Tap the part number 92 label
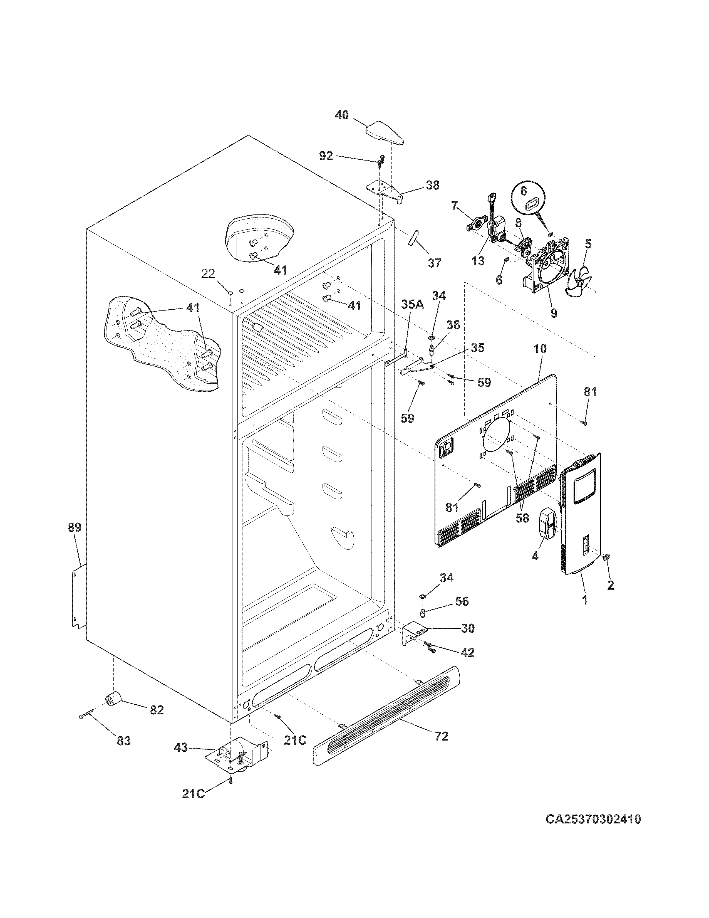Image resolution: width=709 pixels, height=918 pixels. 326,156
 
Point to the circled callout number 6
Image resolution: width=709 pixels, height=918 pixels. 523,191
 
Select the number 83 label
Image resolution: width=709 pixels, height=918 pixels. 123,741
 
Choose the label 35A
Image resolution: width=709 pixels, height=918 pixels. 412,305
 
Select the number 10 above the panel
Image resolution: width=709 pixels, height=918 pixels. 540,349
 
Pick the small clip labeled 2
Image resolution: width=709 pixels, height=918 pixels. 606,557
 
